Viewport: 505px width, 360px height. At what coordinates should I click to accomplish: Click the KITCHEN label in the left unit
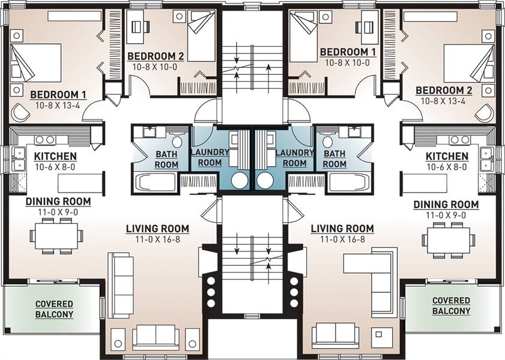(x=55, y=157)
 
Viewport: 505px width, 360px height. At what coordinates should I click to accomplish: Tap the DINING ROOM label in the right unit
(x=446, y=205)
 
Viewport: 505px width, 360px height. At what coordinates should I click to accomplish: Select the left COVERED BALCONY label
(x=55, y=309)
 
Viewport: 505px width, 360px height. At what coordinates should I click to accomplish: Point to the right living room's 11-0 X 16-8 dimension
(x=342, y=239)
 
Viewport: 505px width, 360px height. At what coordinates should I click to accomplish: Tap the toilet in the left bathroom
(x=177, y=140)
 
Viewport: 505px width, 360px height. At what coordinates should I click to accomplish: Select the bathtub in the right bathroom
(x=349, y=183)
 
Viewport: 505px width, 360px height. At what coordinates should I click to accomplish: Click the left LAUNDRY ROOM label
(x=210, y=157)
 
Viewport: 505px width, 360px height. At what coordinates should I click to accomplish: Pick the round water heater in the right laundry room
(x=265, y=181)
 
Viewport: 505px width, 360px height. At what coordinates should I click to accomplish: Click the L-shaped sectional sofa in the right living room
(x=380, y=277)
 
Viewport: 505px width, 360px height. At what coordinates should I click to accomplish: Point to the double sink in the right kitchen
(x=485, y=159)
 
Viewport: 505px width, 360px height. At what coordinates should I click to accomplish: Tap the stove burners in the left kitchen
(x=45, y=140)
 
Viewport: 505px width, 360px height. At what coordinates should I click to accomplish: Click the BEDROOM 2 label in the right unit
(x=444, y=91)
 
